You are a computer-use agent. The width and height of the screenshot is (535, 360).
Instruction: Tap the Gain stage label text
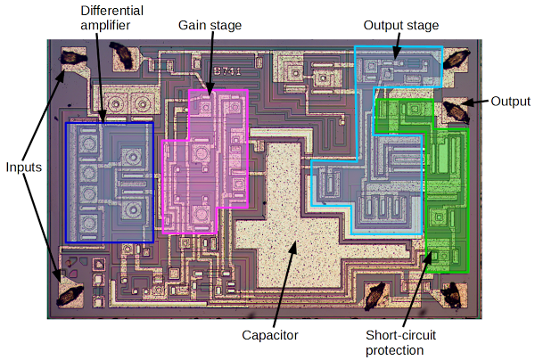click(210, 25)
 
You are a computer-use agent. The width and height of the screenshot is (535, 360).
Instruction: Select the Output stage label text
click(401, 25)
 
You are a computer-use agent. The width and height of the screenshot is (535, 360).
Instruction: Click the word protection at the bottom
click(395, 350)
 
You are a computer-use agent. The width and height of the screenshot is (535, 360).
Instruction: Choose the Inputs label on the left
click(25, 167)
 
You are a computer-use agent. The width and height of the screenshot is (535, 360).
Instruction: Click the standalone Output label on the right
click(511, 101)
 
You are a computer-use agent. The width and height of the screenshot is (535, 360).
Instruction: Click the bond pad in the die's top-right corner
click(457, 61)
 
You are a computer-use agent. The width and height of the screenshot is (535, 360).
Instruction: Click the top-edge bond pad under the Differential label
click(121, 61)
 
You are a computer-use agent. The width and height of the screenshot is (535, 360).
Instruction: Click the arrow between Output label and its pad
click(478, 102)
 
